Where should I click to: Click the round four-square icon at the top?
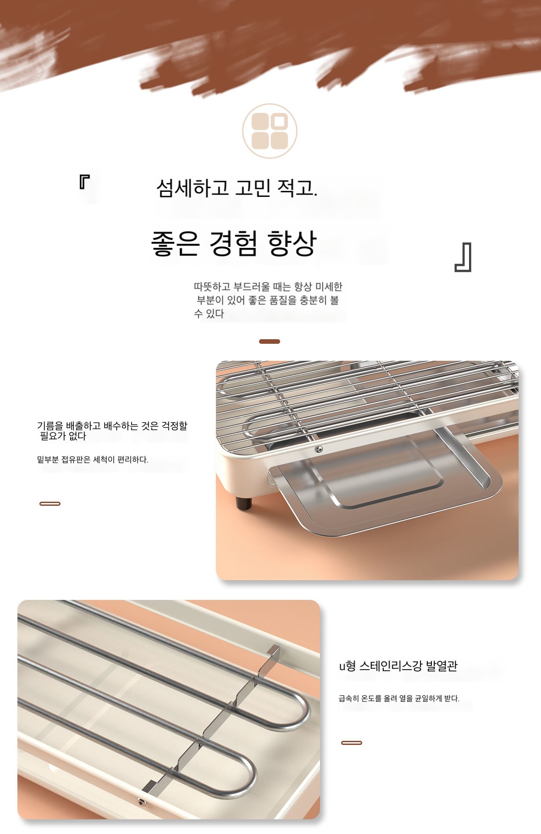(x=270, y=131)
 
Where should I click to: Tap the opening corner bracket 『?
(x=84, y=182)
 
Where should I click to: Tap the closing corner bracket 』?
(x=463, y=257)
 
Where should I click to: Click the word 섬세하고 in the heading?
(x=192, y=188)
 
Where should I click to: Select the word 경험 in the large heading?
(x=233, y=243)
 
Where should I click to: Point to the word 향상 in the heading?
(x=292, y=243)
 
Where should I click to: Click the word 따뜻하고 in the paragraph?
(x=212, y=287)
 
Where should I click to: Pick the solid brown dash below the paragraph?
(x=270, y=341)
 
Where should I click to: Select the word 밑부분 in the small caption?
(x=48, y=459)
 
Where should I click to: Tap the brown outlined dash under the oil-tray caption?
(x=50, y=504)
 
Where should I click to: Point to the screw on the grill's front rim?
(x=319, y=449)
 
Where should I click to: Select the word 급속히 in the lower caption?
(x=349, y=699)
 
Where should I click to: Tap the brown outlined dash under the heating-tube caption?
(x=352, y=743)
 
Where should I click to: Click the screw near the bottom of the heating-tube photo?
(x=140, y=801)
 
